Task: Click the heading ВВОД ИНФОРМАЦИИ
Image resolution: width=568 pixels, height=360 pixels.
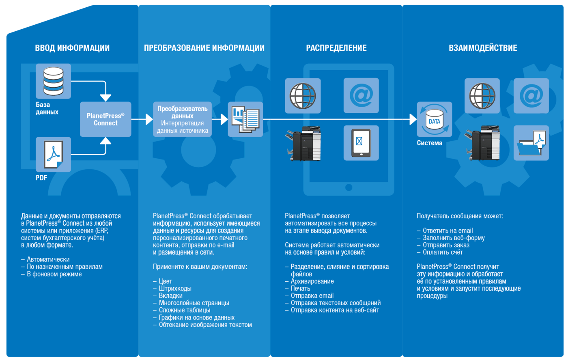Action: [72, 48]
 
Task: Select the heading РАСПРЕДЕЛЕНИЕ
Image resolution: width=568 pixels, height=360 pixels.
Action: [336, 48]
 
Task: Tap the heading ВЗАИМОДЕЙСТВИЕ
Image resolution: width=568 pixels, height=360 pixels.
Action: [483, 48]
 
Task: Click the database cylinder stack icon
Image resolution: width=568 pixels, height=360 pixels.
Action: [53, 81]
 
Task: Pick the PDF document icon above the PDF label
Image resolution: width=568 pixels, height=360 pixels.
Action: [53, 155]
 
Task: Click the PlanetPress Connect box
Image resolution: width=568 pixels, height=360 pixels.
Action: [105, 119]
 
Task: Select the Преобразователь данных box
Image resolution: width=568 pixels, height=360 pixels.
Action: [182, 119]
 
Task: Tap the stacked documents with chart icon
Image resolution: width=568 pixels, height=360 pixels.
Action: [245, 119]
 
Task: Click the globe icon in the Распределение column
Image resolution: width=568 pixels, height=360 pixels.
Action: [303, 96]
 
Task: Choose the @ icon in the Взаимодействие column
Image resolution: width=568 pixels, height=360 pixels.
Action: [531, 96]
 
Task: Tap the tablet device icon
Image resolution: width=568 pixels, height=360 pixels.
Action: [361, 143]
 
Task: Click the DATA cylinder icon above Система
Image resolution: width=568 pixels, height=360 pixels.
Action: [435, 119]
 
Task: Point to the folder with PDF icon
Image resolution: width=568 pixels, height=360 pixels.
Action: [531, 143]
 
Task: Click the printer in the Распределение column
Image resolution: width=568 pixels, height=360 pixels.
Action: [303, 143]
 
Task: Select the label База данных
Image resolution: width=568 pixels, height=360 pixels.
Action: [47, 108]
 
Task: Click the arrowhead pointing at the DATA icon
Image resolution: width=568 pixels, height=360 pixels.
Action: [413, 119]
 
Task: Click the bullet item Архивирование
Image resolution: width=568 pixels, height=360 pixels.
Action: [309, 281]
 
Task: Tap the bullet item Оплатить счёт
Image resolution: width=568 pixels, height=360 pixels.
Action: [440, 252]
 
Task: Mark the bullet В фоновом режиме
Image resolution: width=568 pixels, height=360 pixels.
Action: [52, 274]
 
